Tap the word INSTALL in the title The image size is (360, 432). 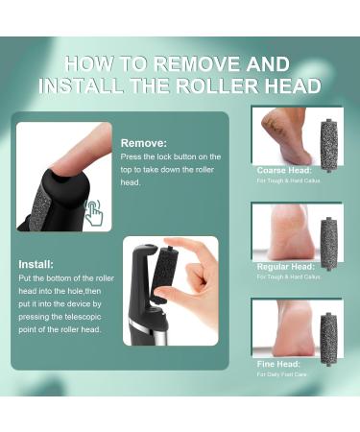78,85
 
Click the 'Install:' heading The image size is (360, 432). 37,263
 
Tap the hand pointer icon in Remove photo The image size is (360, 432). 94,213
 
